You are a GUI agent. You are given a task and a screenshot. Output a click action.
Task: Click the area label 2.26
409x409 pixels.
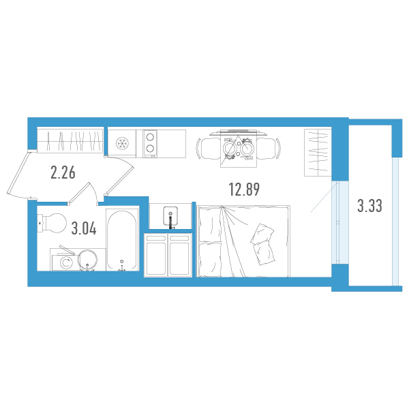point(63,172)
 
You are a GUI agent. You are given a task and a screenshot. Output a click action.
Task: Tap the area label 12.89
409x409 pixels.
point(244,190)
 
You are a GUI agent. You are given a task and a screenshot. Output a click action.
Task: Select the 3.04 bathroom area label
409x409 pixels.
point(84,228)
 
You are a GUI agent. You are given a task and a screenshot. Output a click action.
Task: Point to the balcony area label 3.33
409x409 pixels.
point(369,206)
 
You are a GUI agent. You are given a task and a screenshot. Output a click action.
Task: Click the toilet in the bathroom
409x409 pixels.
point(52,223)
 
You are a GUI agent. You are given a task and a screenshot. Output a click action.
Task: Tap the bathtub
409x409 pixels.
point(122,240)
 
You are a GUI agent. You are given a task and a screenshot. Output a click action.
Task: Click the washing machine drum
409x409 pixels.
point(65,262)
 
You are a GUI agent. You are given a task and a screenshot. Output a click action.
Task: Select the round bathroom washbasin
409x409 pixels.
point(88,260)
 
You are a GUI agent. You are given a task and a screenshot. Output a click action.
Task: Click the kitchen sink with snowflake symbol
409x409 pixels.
point(122,143)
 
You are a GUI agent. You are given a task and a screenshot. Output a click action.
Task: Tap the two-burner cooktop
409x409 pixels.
point(150,143)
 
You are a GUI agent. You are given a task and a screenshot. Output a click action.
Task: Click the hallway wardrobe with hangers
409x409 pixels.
point(70,140)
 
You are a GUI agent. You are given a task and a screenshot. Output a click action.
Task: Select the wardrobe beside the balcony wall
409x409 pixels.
point(318,153)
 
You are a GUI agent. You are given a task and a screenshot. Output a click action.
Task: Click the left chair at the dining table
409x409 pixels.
point(209,149)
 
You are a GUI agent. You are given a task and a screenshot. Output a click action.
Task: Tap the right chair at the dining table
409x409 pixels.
point(268,149)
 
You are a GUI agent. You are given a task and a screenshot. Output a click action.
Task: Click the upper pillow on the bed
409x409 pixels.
point(262,233)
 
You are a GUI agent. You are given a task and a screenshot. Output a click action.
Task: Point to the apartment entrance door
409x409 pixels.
point(19,173)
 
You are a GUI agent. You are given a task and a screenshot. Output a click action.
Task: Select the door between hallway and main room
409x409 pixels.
point(119,175)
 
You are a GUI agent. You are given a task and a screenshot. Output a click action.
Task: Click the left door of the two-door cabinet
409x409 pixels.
point(156,255)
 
